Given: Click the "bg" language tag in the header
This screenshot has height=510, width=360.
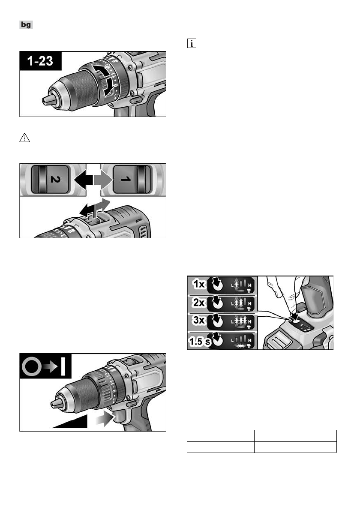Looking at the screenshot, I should [x=26, y=26].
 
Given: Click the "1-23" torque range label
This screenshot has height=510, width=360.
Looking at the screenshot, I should [x=41, y=61].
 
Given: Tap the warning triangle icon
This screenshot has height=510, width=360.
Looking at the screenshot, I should [x=24, y=137].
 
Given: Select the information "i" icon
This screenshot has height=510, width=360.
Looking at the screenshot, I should [x=191, y=44].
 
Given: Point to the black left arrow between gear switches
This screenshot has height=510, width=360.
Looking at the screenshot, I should [x=83, y=178].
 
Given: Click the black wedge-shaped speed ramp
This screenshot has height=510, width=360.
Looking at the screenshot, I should [x=73, y=422].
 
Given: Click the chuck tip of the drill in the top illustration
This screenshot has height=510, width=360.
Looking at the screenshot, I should [x=47, y=99].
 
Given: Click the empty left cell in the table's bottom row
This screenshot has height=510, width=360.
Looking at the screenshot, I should [x=220, y=447].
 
